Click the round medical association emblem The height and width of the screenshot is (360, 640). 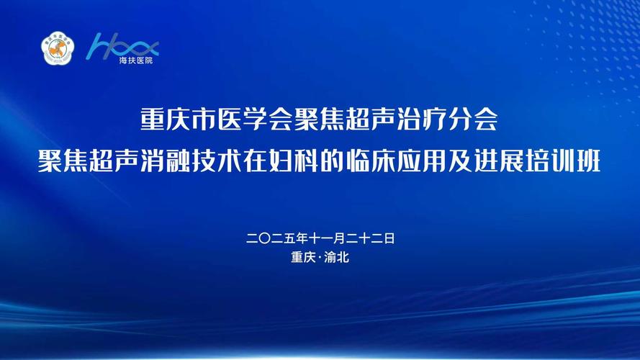click(58, 48)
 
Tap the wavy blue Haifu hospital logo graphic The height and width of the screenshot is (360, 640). click(122, 45)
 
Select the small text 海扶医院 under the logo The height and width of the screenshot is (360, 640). click(136, 60)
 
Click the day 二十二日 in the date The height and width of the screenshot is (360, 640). click(371, 238)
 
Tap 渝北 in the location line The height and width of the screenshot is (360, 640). click(336, 257)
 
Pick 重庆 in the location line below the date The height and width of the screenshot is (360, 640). click(304, 257)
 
